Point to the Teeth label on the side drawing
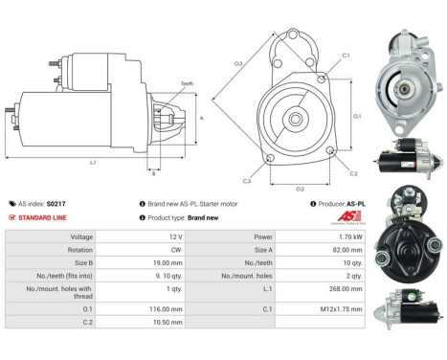pyautogui.click(x=187, y=84)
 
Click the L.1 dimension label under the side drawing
pyautogui.click(x=94, y=163)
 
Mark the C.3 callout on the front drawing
pyautogui.click(x=247, y=181)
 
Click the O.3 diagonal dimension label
pyautogui.click(x=238, y=64)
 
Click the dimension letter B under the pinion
pyautogui.click(x=153, y=173)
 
